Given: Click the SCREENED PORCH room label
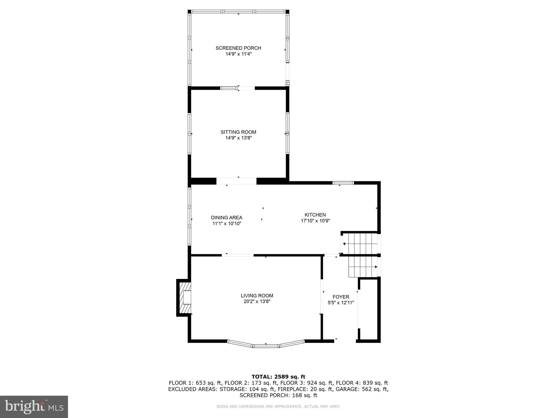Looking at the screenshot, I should point(238,48).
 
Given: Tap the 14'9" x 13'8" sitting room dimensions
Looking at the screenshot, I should point(238,138).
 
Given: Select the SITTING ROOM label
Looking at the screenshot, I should point(238,132).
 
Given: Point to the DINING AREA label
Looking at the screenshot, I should point(227,218).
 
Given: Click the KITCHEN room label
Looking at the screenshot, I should point(315,215).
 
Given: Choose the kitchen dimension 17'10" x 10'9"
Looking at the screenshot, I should point(315,221).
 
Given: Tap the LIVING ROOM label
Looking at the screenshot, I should point(257,296).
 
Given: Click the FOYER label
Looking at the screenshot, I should point(341,297).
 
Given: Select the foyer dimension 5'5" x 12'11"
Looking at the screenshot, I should point(341,303).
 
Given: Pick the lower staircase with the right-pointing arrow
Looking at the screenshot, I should point(363,267).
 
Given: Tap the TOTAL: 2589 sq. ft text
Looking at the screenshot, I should point(278,377).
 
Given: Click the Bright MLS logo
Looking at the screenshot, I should point(34,407).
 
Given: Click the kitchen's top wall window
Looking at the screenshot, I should point(343,183).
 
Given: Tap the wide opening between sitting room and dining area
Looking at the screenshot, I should point(236,181).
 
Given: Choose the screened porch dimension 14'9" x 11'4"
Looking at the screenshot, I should point(238,54).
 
